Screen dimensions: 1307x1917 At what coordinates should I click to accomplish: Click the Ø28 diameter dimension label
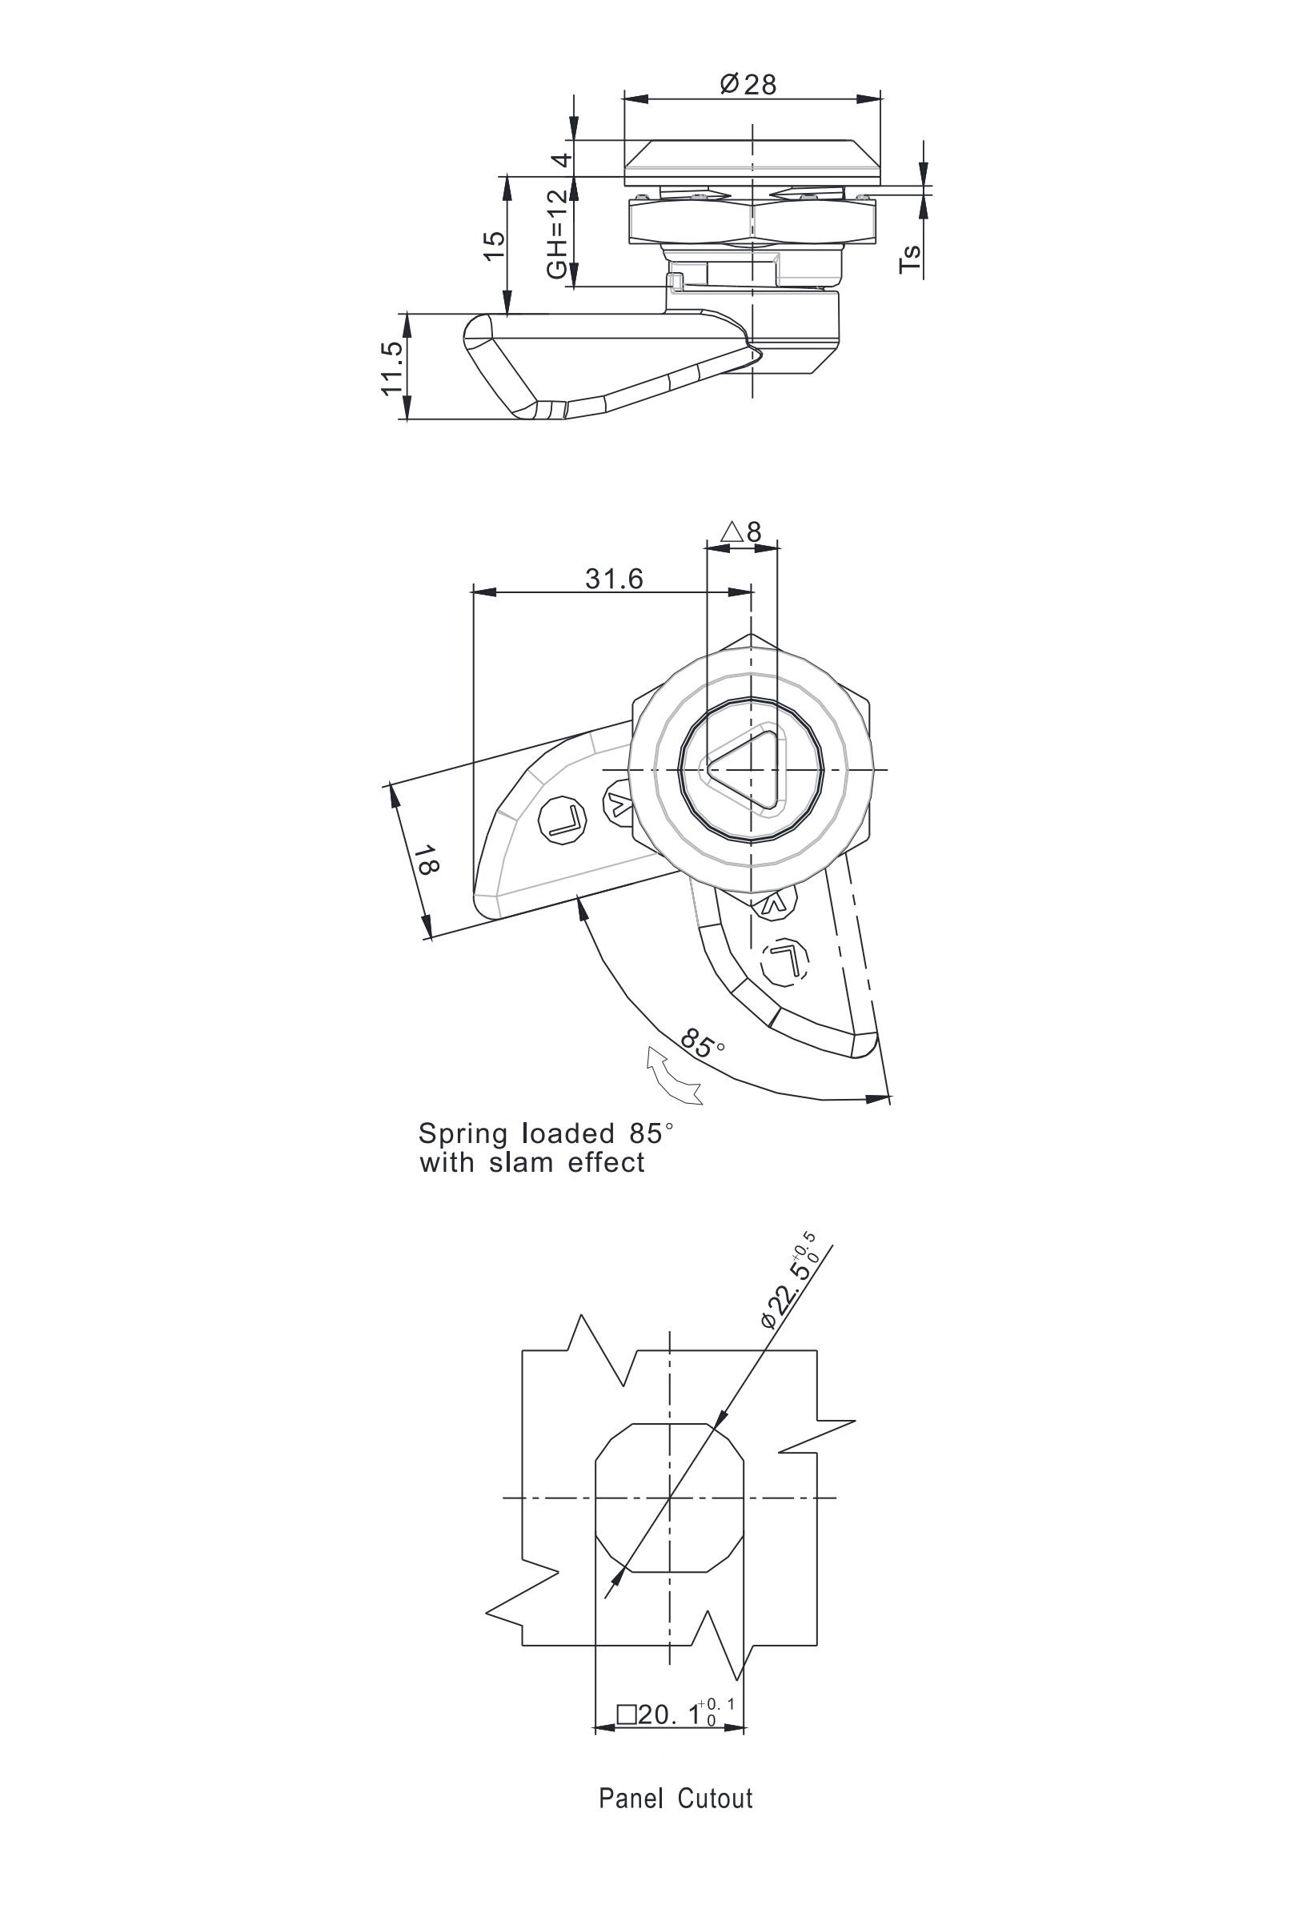coord(748,83)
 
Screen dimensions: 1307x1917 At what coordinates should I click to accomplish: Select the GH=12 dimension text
coord(559,233)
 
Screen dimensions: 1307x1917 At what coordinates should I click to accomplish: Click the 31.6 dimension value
coord(615,579)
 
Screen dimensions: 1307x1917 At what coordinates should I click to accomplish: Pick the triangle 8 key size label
coord(741,531)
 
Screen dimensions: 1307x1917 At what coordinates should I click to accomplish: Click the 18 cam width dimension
coord(427,859)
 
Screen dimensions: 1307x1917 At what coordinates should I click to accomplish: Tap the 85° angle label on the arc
coord(703,1045)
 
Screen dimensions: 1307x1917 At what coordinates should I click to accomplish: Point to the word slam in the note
coord(523,1162)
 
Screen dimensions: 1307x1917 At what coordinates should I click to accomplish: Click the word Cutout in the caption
coord(715,1820)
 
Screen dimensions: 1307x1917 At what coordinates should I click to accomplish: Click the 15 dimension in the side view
coord(492,245)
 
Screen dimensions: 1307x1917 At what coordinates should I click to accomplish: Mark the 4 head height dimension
coord(561,159)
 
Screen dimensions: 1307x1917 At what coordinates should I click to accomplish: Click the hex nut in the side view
coord(752,220)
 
